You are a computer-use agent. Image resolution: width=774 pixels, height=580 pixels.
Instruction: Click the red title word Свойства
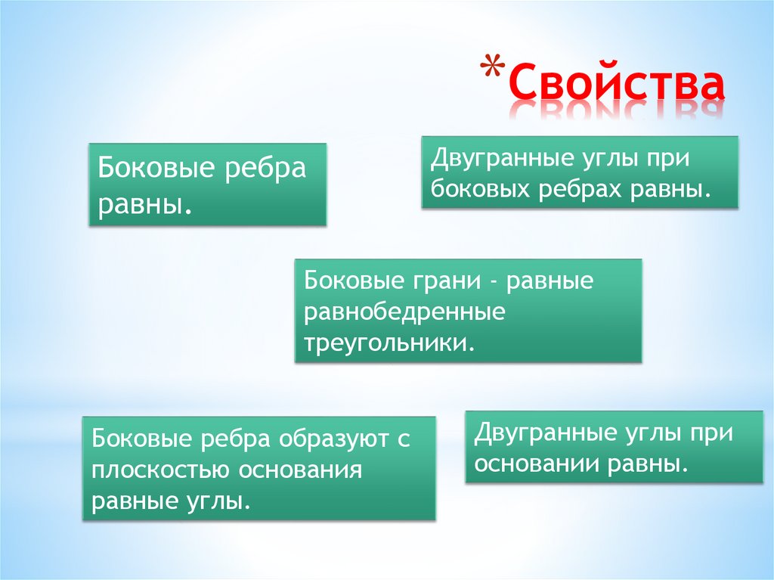click(616, 85)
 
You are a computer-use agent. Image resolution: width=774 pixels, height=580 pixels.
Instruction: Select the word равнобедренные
click(404, 312)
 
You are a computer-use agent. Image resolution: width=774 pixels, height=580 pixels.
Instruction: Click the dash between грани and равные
click(493, 282)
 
